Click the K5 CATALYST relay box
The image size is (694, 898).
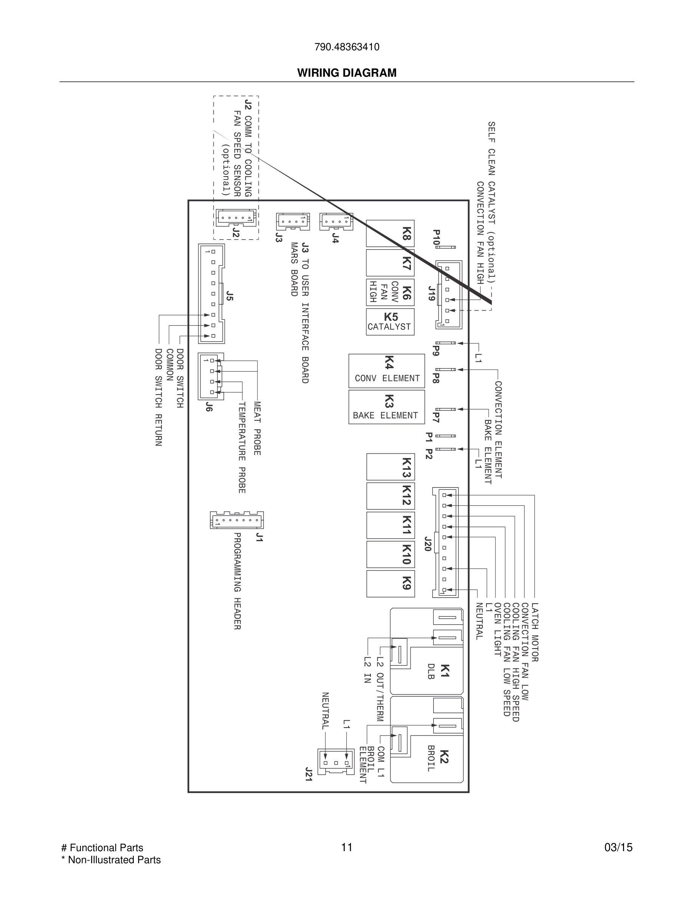tap(390, 322)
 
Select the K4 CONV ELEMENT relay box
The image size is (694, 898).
tap(386, 371)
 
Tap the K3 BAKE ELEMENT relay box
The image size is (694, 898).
tap(386, 407)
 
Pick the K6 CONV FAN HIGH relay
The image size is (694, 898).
tap(390, 293)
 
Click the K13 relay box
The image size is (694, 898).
tap(390, 467)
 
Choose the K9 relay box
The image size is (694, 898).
tap(390, 584)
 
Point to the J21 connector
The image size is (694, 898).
tap(336, 762)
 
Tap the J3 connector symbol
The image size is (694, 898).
tap(293, 221)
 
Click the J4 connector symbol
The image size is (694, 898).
tap(336, 221)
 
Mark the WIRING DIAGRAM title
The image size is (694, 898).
tap(347, 73)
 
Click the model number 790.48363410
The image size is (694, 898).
tap(347, 47)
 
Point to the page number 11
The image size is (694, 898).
tap(347, 847)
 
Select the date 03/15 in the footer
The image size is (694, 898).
tap(618, 847)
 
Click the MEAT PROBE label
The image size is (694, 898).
tap(257, 429)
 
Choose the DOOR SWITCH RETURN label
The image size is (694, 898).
tap(158, 397)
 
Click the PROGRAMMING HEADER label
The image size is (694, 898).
tap(237, 581)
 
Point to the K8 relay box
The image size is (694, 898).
tap(390, 234)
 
